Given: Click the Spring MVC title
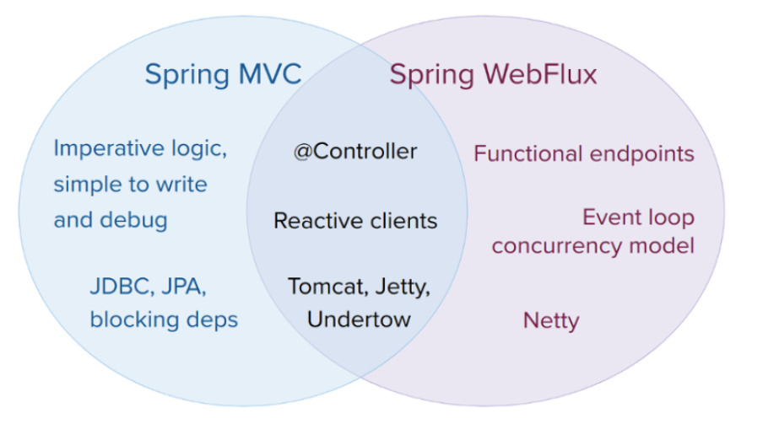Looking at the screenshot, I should [x=223, y=74].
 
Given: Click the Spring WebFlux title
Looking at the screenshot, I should [x=493, y=74].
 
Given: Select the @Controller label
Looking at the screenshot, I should [x=354, y=152].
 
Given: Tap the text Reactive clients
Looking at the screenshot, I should [x=355, y=221].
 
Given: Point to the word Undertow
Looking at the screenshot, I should [x=359, y=319].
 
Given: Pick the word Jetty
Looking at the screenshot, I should [x=401, y=287].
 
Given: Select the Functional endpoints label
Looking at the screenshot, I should [x=583, y=153].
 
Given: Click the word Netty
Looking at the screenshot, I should [x=551, y=321].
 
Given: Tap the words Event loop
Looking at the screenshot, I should [x=638, y=217].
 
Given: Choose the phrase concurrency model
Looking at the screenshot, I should [x=593, y=245].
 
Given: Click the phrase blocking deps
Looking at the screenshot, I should [x=164, y=319].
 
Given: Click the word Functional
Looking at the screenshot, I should [x=525, y=153].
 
